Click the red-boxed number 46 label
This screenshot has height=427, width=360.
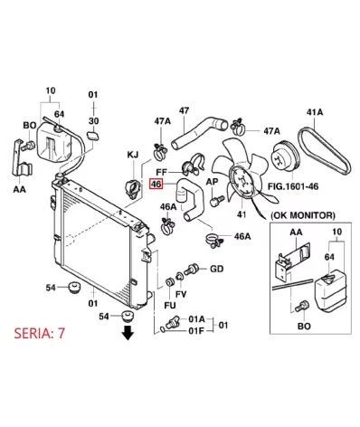[156, 184]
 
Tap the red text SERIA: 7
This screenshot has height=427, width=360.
[40, 333]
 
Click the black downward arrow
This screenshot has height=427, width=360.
[128, 332]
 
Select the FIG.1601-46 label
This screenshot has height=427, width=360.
[293, 186]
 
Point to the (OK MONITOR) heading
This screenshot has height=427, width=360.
[302, 215]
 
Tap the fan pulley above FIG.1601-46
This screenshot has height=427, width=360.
[286, 157]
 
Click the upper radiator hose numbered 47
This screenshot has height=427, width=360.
[199, 132]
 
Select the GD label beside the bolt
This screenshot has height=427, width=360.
[217, 269]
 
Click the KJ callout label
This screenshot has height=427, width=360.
[133, 155]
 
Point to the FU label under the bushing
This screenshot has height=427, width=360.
[170, 305]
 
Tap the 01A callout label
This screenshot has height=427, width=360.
[197, 318]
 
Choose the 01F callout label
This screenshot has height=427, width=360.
[196, 331]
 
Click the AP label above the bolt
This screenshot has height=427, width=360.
[213, 182]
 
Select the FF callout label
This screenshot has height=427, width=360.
[161, 172]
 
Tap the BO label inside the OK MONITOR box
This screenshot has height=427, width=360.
[304, 327]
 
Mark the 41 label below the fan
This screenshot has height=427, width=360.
[242, 214]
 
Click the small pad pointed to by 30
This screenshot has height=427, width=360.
[93, 136]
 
